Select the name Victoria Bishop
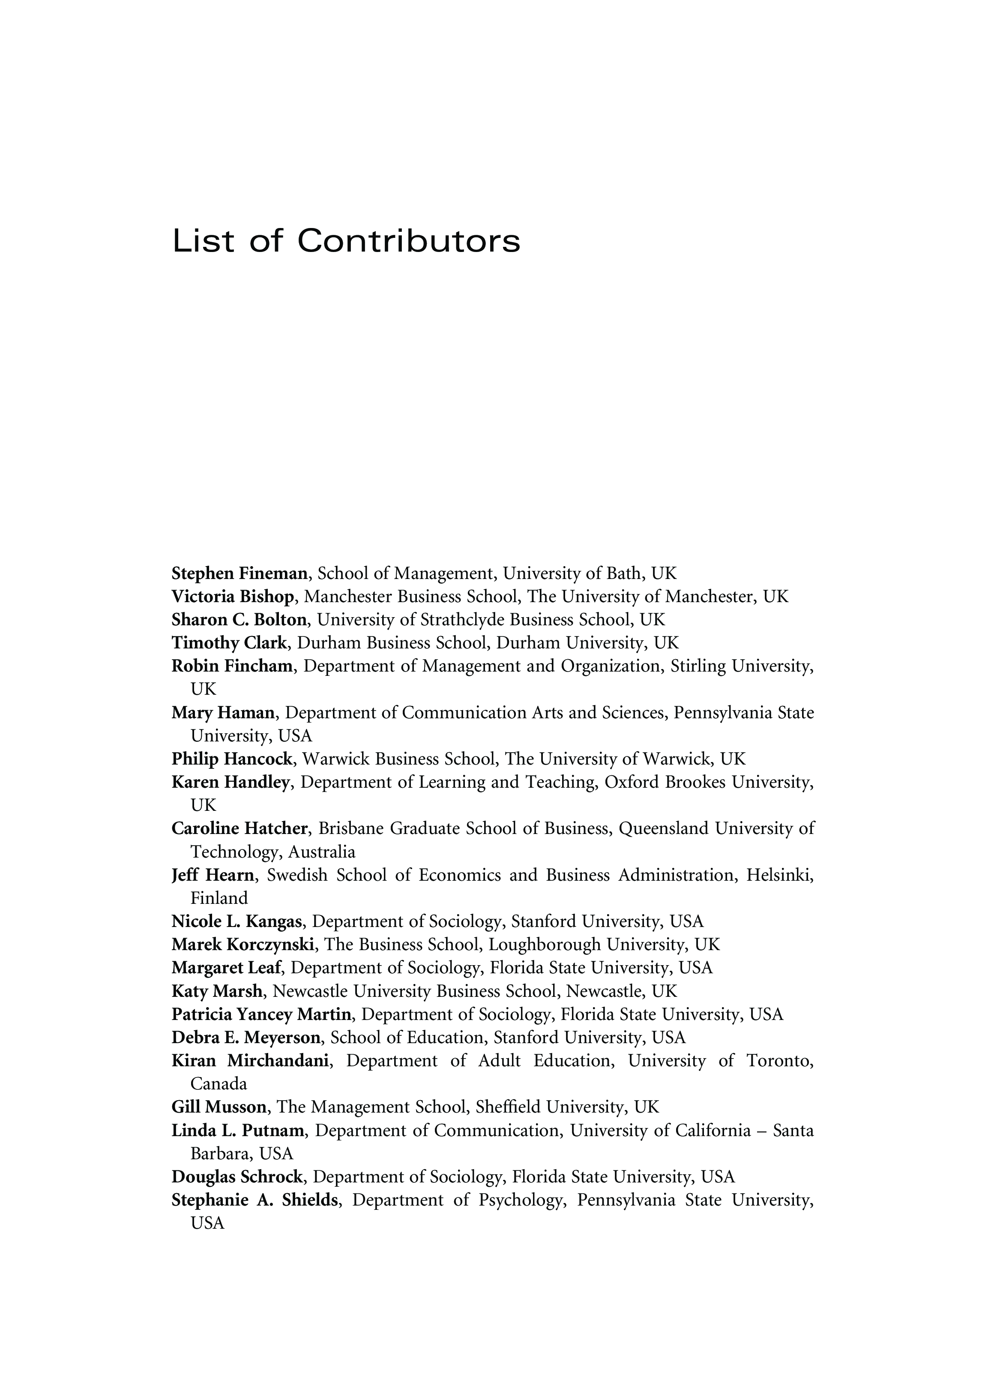[x=233, y=597]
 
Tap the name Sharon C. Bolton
[x=239, y=620]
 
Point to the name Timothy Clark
[x=228, y=643]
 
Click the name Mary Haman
[x=223, y=713]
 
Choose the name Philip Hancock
[x=232, y=759]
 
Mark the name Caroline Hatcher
[x=240, y=829]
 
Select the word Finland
[x=219, y=898]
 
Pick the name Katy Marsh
[x=217, y=992]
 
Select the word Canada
[x=219, y=1084]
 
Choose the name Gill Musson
[x=219, y=1107]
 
